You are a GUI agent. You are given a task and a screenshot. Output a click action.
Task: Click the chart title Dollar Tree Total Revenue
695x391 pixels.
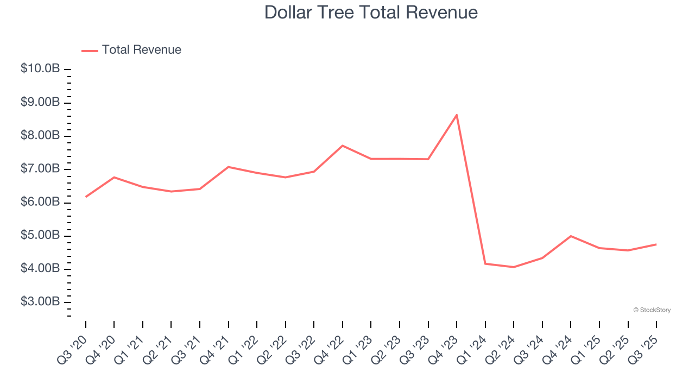click(371, 12)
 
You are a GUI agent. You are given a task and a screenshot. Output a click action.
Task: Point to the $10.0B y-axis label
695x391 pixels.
click(40, 69)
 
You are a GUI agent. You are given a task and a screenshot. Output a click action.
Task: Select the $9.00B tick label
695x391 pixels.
click(40, 102)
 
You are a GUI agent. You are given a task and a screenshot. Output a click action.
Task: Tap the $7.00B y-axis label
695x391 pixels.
click(40, 169)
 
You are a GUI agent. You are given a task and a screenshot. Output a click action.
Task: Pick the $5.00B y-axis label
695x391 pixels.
click(40, 236)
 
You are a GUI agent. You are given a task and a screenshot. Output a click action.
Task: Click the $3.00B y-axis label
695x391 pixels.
click(40, 302)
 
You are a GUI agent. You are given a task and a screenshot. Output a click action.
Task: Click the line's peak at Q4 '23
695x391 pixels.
click(457, 115)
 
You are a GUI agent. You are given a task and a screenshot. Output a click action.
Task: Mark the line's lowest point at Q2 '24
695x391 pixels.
click(514, 267)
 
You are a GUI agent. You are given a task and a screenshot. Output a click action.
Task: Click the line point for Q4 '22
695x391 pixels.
click(343, 146)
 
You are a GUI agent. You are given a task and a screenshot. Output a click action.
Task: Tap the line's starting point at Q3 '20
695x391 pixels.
click(86, 197)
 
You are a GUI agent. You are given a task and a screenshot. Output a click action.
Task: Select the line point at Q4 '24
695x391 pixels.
click(571, 236)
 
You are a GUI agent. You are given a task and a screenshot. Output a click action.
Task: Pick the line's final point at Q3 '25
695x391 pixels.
click(656, 244)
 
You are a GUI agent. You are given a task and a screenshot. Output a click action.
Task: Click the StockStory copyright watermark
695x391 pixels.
click(652, 310)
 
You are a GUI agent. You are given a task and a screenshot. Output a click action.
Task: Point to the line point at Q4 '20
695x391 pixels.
click(114, 177)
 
